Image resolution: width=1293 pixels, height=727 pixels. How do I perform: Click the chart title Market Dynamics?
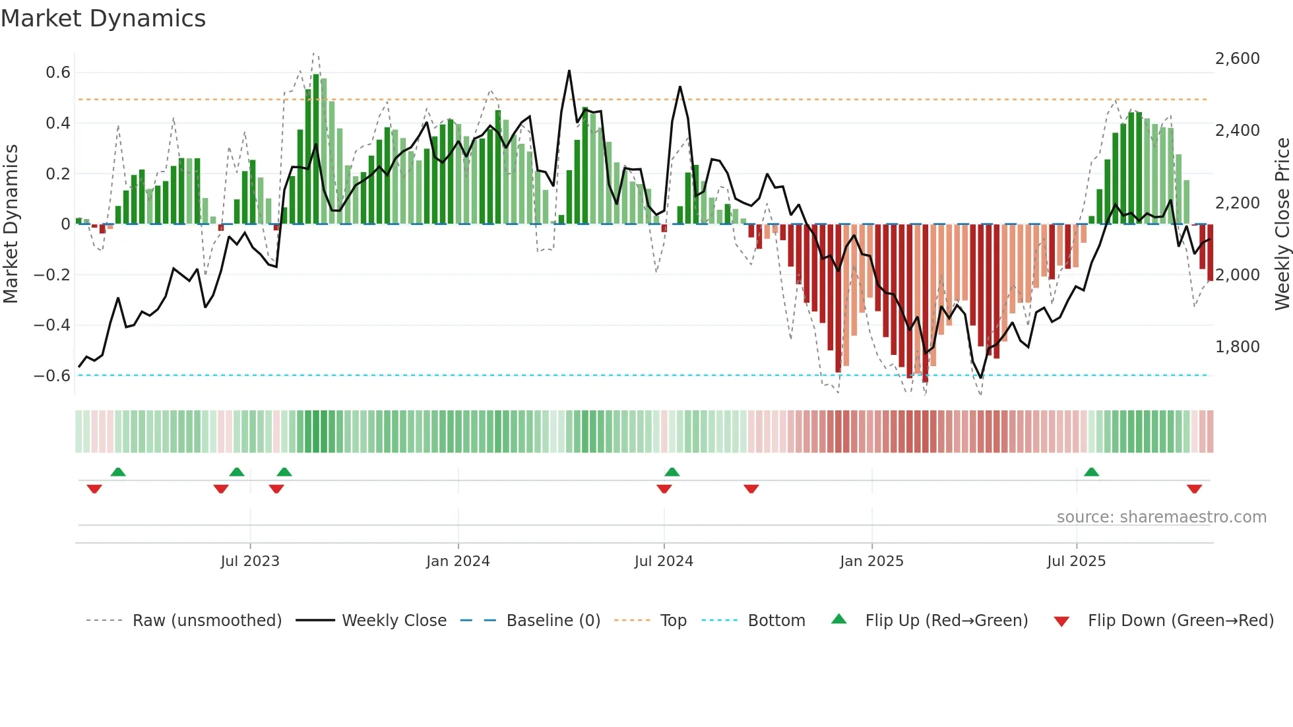tap(103, 18)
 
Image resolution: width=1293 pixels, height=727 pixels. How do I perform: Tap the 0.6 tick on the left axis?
tap(58, 73)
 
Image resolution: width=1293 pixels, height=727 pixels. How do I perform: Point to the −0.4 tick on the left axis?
tap(52, 325)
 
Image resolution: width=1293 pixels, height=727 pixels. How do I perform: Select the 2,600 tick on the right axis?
tap(1237, 59)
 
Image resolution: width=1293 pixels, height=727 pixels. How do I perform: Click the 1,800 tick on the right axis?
tap(1237, 347)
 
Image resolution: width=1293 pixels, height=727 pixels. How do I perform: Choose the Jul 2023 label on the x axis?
tap(250, 561)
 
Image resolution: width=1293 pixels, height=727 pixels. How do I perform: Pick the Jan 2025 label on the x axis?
tap(871, 561)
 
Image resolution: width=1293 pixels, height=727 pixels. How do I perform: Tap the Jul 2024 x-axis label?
tap(664, 561)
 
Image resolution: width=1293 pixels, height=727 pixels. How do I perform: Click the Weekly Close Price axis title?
tap(1282, 224)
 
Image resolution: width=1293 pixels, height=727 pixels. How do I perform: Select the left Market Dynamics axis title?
tap(11, 224)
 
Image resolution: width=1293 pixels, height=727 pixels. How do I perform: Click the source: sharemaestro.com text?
tap(1161, 517)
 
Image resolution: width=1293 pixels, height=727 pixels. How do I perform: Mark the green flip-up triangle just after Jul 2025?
tap(1091, 472)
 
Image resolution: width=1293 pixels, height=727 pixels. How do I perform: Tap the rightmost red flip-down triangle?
tap(1194, 489)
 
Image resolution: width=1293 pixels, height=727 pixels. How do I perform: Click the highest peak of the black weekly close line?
tap(569, 71)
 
